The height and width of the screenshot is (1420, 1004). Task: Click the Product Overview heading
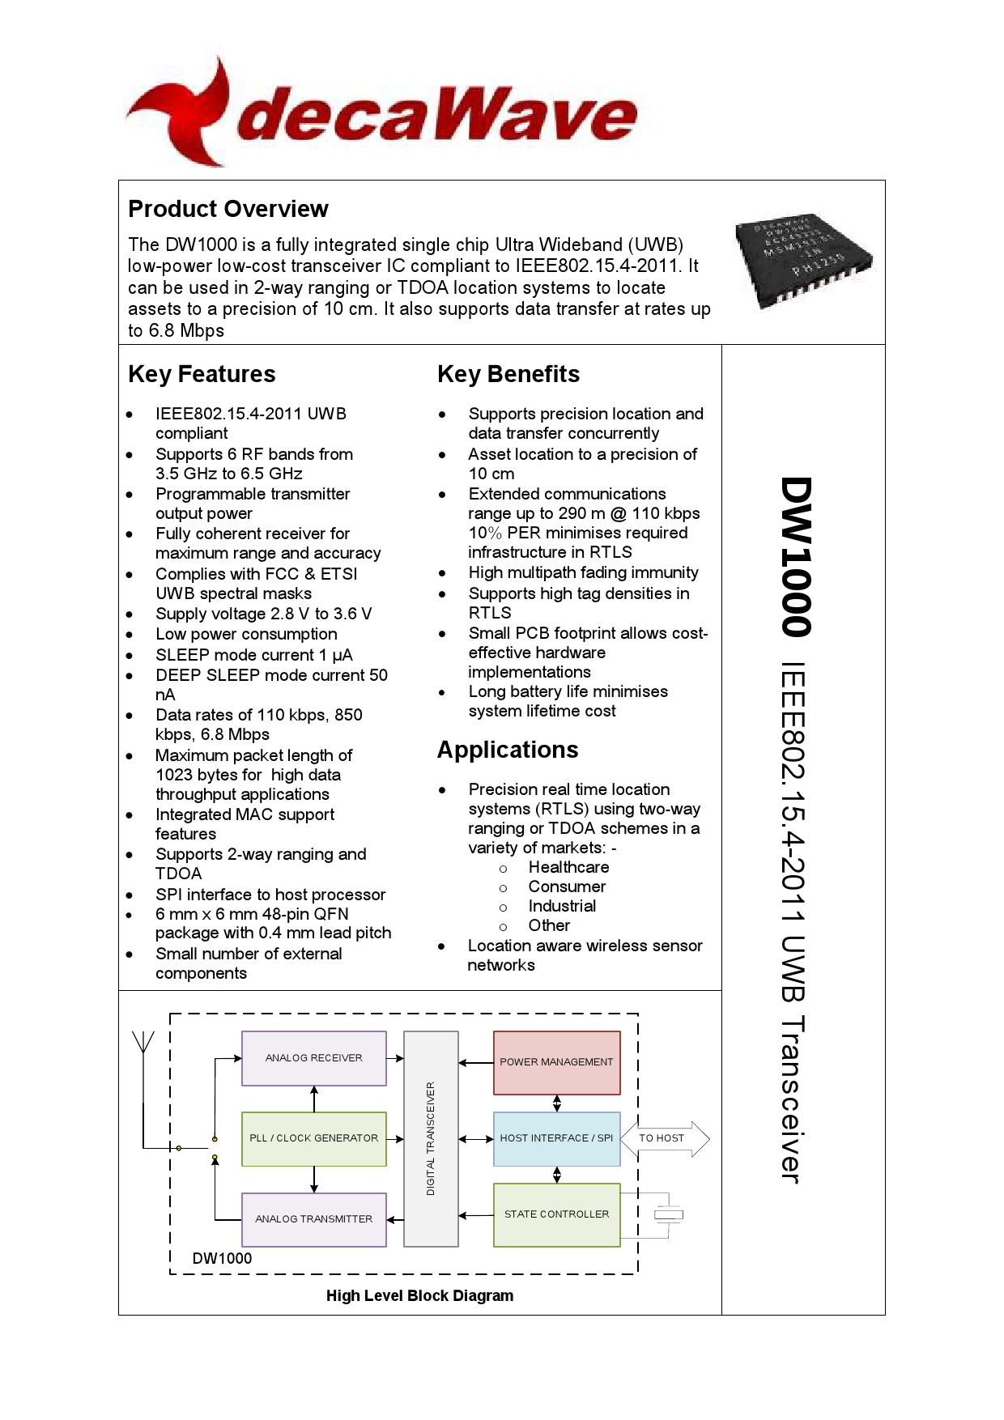[x=228, y=209]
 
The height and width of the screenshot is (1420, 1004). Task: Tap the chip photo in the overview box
[x=802, y=261]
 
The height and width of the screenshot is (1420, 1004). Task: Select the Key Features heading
[x=202, y=374]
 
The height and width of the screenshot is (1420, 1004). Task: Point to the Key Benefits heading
[x=508, y=374]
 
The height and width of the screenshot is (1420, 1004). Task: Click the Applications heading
[x=508, y=750]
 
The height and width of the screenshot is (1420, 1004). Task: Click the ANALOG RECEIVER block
[x=314, y=1058]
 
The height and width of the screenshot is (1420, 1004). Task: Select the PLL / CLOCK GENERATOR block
[x=314, y=1138]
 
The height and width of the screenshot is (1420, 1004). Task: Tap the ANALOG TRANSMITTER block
[x=314, y=1219]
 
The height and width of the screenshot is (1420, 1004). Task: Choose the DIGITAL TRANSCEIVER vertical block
[x=431, y=1138]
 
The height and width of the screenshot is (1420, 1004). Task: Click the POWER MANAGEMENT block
[x=556, y=1062]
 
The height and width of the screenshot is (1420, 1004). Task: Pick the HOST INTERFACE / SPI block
[x=556, y=1138]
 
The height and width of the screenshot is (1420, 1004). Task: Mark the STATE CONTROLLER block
[x=556, y=1214]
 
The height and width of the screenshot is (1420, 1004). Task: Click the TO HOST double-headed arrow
[x=664, y=1138]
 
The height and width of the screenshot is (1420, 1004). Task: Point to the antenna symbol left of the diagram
[x=143, y=1044]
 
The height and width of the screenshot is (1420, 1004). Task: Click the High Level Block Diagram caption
[x=419, y=1295]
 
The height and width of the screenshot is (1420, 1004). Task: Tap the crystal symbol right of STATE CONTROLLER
[x=669, y=1214]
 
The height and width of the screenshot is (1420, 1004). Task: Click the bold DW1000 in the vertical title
[x=796, y=557]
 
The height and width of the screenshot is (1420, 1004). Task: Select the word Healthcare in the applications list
[x=568, y=867]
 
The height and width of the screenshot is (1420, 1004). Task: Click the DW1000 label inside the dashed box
[x=222, y=1258]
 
